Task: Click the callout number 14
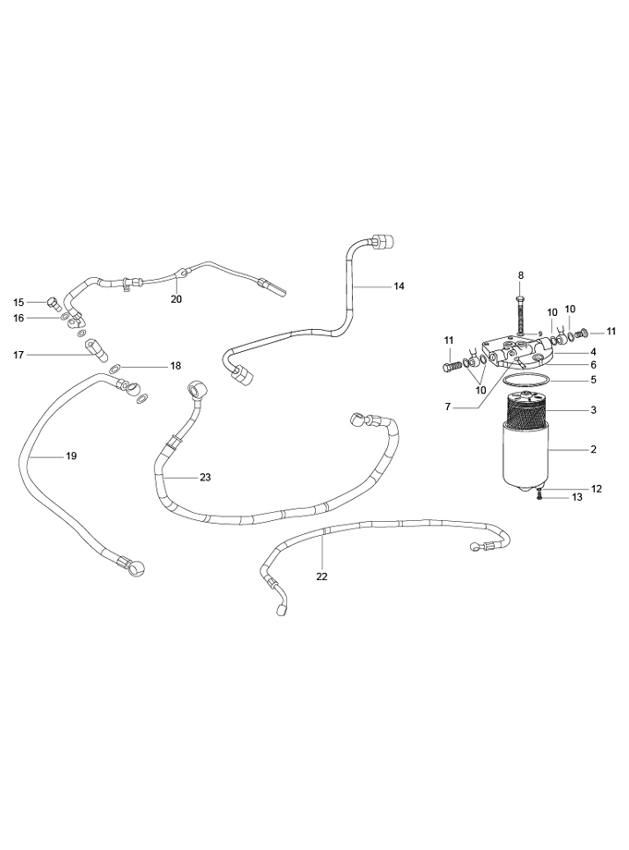399,286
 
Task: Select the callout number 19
70,456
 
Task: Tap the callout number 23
205,478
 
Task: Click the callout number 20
176,298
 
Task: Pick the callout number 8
520,275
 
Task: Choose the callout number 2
593,450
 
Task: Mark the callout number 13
576,497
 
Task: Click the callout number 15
18,302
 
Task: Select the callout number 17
18,354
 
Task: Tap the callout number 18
175,366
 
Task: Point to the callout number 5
593,379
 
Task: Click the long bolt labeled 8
521,310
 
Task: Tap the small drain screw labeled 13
538,497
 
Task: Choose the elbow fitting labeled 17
96,349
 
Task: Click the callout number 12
597,488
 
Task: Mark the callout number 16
18,318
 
